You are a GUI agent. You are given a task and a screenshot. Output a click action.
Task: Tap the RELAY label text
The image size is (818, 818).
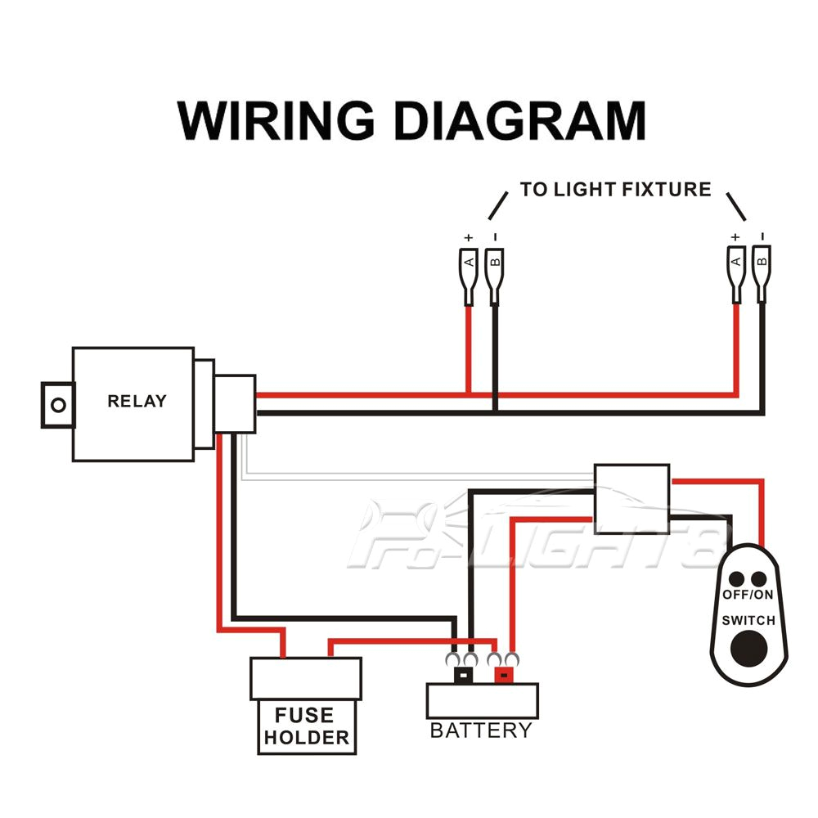click(137, 401)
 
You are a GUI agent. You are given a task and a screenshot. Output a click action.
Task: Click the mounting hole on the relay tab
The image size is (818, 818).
click(57, 404)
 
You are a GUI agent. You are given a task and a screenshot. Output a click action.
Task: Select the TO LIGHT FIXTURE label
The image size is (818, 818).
click(615, 190)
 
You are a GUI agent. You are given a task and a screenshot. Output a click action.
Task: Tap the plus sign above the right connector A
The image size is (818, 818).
click(735, 236)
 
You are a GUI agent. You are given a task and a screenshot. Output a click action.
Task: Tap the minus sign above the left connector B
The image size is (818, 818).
click(494, 236)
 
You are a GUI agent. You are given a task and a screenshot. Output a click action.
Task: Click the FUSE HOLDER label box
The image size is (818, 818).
click(306, 726)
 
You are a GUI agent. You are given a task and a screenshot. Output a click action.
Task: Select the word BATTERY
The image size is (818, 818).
click(481, 730)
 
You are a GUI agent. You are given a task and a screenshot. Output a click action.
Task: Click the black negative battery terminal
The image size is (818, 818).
click(464, 676)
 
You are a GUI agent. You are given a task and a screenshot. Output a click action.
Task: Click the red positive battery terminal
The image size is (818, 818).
click(502, 676)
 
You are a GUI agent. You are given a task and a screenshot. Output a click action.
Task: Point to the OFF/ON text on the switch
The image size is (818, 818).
click(748, 594)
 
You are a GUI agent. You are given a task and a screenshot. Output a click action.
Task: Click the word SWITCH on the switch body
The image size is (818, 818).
click(748, 620)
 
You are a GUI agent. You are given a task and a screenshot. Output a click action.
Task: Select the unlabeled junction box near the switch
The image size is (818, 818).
click(631, 498)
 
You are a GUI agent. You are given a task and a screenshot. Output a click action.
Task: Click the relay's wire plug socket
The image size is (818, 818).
click(236, 402)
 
